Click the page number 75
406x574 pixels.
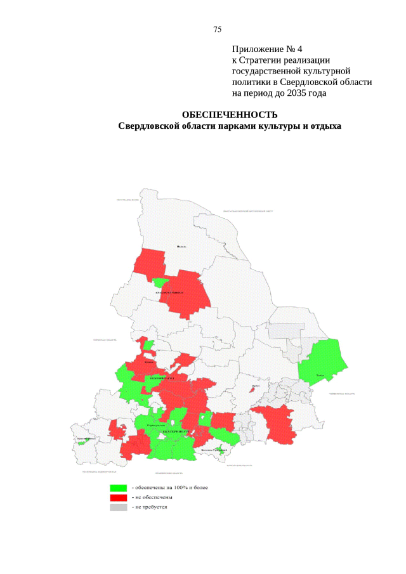pos(217,30)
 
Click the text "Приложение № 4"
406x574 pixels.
pos(267,49)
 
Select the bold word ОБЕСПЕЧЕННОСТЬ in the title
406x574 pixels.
pos(230,115)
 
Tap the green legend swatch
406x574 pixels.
pos(119,488)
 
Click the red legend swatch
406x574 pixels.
pos(119,497)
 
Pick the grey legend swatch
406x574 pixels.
pos(119,507)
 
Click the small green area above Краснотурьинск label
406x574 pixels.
pos(161,283)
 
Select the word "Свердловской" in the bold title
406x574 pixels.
pos(149,126)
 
